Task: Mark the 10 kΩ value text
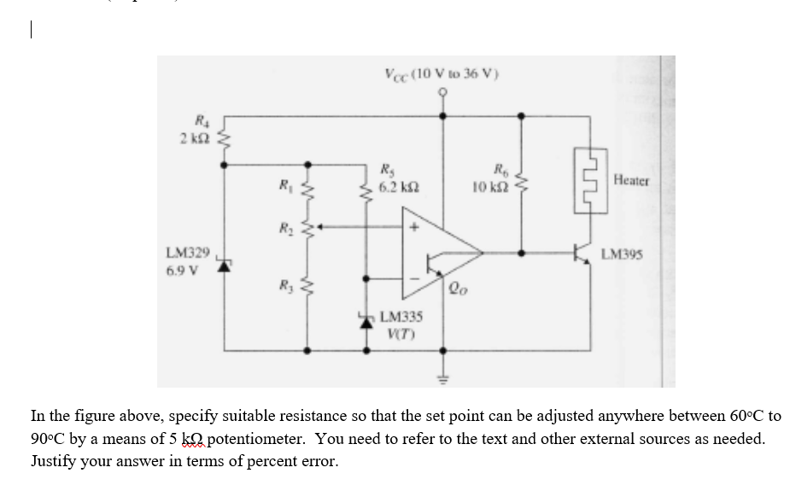pyautogui.click(x=490, y=184)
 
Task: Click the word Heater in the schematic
pyautogui.click(x=632, y=181)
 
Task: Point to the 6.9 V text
pyautogui.click(x=182, y=272)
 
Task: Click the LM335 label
pyautogui.click(x=396, y=315)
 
